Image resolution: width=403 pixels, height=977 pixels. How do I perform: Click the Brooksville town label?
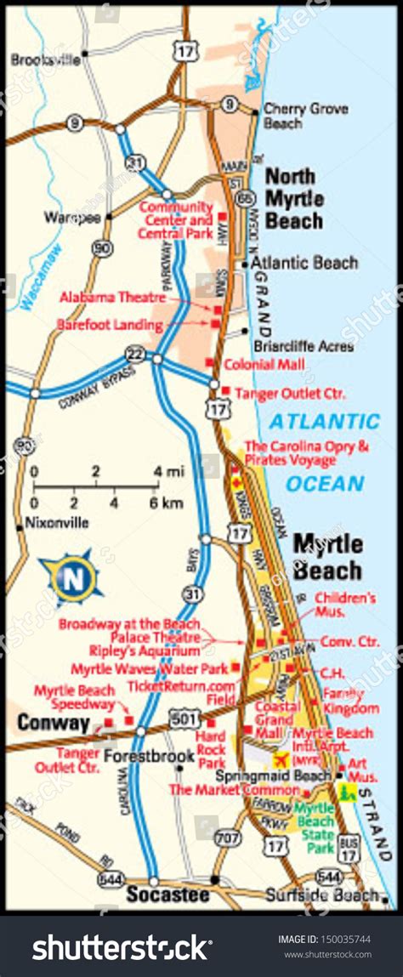[46, 60]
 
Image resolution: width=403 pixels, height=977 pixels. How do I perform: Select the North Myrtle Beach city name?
[294, 198]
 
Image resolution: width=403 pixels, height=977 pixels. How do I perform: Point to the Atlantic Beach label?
[304, 264]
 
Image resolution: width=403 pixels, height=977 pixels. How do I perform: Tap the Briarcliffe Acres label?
[304, 347]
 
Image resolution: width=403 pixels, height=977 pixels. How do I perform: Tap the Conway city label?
[54, 724]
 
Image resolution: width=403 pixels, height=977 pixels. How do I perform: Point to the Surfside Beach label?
[321, 895]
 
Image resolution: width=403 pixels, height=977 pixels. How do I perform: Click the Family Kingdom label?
[350, 701]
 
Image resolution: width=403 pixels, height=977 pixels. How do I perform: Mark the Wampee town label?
[72, 218]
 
